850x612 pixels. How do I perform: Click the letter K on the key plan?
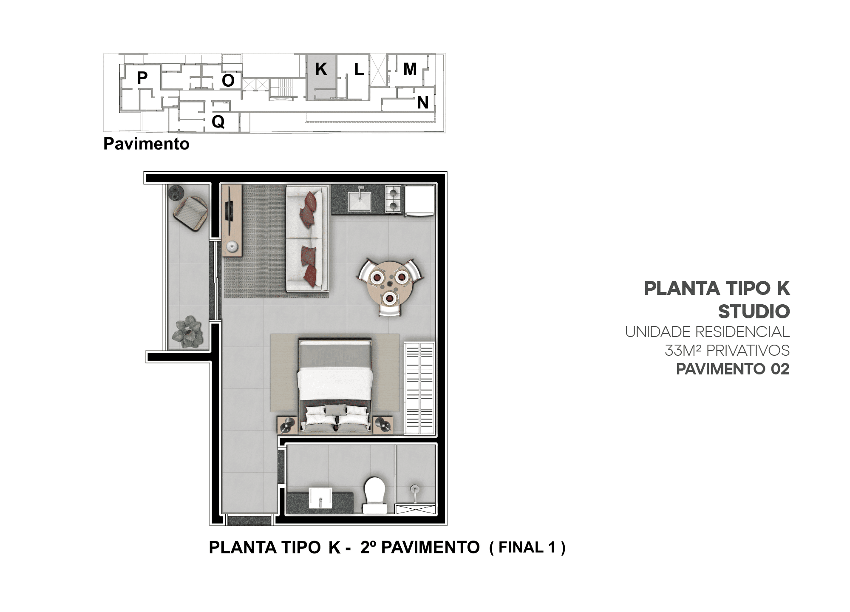coord(321,69)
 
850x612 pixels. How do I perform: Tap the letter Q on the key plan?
coord(218,122)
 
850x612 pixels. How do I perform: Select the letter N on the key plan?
coord(422,102)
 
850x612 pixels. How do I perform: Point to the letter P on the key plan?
coord(142,78)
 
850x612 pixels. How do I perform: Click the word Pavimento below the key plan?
coord(146,144)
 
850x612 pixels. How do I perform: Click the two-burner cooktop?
coord(393,199)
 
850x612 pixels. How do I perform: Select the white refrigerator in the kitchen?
coord(419,200)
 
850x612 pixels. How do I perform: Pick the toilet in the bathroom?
coord(375,495)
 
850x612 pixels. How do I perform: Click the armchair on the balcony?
coord(190,213)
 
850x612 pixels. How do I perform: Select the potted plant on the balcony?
coord(187,331)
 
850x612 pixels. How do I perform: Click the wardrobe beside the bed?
coord(419,388)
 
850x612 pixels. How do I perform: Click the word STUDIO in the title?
coord(754,312)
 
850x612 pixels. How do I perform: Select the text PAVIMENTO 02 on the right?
coord(733,369)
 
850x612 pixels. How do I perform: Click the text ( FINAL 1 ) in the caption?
coord(527,547)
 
